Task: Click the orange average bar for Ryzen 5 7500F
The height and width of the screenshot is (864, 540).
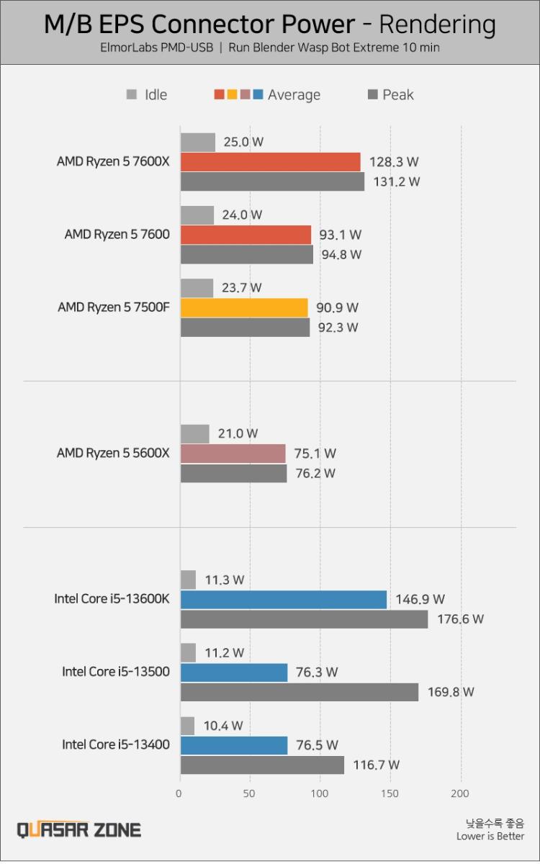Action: [x=244, y=308]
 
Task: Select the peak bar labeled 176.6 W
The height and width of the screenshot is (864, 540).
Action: [x=304, y=619]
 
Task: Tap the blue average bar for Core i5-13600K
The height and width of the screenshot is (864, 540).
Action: [x=283, y=599]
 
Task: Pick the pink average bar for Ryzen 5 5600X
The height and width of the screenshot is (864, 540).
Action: [x=233, y=454]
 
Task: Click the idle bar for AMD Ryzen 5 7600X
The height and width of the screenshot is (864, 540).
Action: [x=197, y=142]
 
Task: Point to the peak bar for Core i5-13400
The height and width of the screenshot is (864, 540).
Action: [x=262, y=765]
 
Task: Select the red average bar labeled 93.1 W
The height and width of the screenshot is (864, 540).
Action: [x=246, y=235]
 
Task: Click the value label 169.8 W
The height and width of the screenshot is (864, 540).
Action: [x=450, y=692]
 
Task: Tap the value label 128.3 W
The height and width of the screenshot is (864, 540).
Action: [x=394, y=162]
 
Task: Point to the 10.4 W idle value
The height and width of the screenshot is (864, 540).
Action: [x=223, y=725]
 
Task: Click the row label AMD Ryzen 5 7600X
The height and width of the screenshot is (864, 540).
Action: [x=113, y=161]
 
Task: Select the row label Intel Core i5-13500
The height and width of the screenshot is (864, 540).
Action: [x=116, y=672]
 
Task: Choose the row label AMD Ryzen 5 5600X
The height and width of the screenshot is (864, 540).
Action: [x=113, y=453]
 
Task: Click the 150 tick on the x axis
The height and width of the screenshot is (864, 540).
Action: [x=390, y=793]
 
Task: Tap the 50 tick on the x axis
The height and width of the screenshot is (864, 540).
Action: [x=250, y=793]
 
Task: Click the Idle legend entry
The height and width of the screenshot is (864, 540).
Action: [x=147, y=94]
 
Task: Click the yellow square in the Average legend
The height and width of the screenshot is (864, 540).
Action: [x=232, y=94]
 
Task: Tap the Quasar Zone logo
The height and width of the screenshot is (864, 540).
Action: [x=79, y=829]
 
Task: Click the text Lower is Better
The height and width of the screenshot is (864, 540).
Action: [x=490, y=836]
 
